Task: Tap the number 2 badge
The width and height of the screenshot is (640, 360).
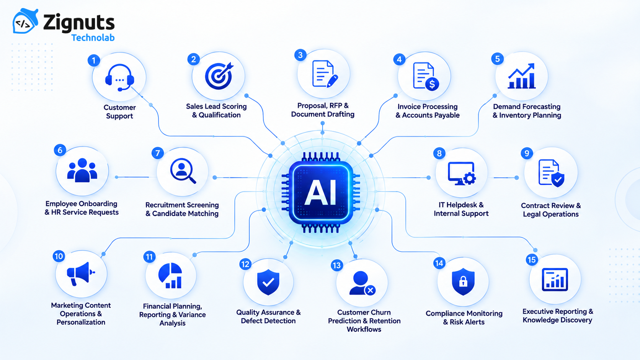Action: [x=193, y=59]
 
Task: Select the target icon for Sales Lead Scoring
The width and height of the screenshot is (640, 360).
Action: [x=219, y=76]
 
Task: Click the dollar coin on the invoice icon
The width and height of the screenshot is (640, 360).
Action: [x=432, y=84]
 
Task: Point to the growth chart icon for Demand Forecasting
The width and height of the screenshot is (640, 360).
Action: [x=521, y=76]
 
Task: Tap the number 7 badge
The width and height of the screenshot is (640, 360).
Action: [x=158, y=153]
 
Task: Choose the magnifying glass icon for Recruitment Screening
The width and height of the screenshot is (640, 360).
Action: [x=183, y=171]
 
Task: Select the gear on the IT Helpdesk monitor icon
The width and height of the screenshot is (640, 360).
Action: [x=469, y=178]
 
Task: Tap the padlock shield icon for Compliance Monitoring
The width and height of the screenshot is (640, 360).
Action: [x=463, y=281]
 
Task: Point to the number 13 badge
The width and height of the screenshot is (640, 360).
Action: [x=337, y=265]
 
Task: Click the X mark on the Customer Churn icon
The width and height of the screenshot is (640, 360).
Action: [x=370, y=290]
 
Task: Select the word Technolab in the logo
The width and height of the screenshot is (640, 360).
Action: [x=93, y=38]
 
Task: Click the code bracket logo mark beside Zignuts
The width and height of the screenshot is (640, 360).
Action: [x=25, y=21]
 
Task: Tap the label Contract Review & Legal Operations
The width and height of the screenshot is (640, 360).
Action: [x=551, y=209]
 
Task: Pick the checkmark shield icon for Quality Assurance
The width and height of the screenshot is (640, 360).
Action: [x=268, y=282]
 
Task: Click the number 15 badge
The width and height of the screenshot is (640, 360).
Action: [x=532, y=260]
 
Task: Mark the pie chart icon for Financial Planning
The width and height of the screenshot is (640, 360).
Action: [x=170, y=276]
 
